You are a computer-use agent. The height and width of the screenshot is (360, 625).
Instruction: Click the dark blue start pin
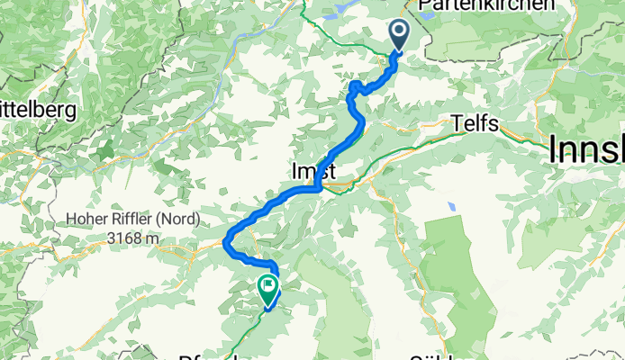[399, 35]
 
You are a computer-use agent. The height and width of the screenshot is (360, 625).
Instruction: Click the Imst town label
[312, 170]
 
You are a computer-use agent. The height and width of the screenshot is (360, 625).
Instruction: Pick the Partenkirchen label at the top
[486, 5]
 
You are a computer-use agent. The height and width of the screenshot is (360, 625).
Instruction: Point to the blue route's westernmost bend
[225, 241]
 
